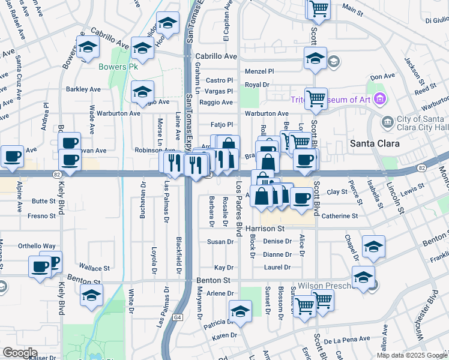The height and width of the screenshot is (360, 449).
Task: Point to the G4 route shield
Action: [178, 317]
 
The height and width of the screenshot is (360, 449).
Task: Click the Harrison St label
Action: [264, 229]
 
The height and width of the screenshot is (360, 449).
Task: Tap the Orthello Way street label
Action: [37, 246]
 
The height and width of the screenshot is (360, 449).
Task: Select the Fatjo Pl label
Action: [221, 125]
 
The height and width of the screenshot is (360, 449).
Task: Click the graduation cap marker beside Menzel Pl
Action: [315, 59]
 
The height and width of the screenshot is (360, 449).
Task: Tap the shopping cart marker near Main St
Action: [319, 8]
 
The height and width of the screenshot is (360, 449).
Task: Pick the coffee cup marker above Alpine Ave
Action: [12, 157]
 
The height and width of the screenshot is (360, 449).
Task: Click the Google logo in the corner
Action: [20, 353]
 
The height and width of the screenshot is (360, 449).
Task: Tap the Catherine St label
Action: [340, 216]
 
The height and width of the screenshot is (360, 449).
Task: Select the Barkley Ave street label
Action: [83, 89]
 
